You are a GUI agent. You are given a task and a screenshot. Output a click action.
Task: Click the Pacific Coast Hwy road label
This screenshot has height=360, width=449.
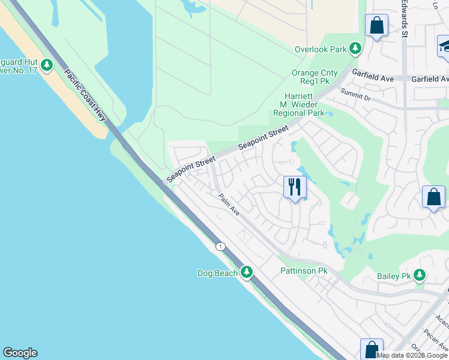click(85, 95)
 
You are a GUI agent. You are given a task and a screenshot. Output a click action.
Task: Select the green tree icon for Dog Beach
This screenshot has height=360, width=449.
click(246, 272)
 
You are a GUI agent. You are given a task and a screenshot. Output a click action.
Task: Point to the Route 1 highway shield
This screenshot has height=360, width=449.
click(220, 247)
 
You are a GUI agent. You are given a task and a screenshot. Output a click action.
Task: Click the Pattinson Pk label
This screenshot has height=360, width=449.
click(304, 271)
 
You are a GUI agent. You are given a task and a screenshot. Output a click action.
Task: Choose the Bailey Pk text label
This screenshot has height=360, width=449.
click(393, 276)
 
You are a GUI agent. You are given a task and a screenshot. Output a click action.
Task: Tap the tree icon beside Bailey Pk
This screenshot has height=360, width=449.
click(419, 275)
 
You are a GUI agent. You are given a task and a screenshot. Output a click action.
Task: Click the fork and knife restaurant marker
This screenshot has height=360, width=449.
click(294, 187)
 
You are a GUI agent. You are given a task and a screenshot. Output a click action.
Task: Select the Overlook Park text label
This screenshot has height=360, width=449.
click(321, 49)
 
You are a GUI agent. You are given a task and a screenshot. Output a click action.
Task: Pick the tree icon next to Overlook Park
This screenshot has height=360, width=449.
click(355, 47)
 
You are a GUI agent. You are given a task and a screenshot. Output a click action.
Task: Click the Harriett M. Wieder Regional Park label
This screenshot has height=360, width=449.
click(298, 104)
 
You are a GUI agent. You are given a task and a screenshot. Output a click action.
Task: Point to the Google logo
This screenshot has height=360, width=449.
click(20, 353)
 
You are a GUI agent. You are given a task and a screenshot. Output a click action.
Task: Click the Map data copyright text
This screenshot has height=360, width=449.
click(412, 355)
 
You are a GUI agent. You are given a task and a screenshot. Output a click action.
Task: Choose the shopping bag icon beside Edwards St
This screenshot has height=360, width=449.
click(377, 26)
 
